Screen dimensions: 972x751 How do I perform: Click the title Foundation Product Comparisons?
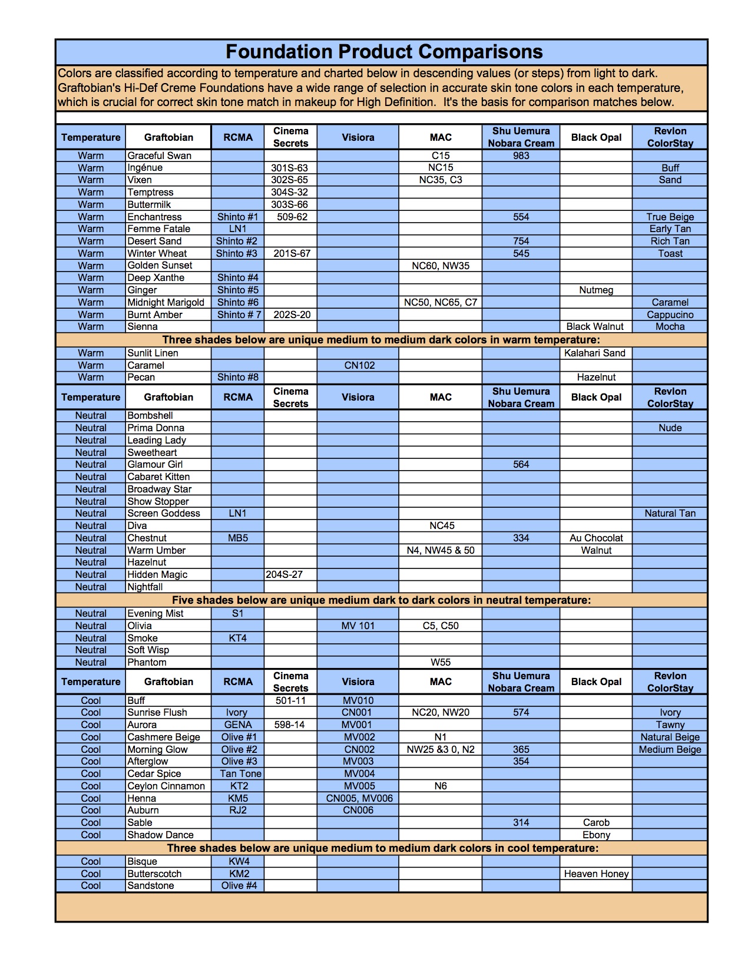[384, 52]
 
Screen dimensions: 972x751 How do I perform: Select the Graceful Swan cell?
[159, 156]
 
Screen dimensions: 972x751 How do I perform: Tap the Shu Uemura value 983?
[521, 156]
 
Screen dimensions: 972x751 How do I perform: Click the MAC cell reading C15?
[440, 156]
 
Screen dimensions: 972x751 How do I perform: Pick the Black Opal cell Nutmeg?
[595, 290]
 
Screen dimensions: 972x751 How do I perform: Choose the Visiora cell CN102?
[359, 365]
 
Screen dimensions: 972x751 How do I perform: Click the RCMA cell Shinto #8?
[238, 377]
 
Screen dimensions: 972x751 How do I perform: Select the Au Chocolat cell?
[596, 538]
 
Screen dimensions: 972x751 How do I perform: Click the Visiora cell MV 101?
[358, 626]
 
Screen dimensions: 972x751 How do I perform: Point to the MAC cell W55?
[440, 662]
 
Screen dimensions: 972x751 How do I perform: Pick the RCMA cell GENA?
[238, 725]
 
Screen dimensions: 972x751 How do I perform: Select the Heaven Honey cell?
[596, 874]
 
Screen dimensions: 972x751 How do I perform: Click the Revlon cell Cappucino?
[670, 315]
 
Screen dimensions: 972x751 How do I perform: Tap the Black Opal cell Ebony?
[596, 835]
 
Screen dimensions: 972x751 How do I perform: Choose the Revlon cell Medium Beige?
[670, 749]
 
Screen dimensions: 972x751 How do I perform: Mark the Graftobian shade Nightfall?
[145, 587]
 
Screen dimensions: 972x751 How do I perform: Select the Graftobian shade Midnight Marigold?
[166, 302]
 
